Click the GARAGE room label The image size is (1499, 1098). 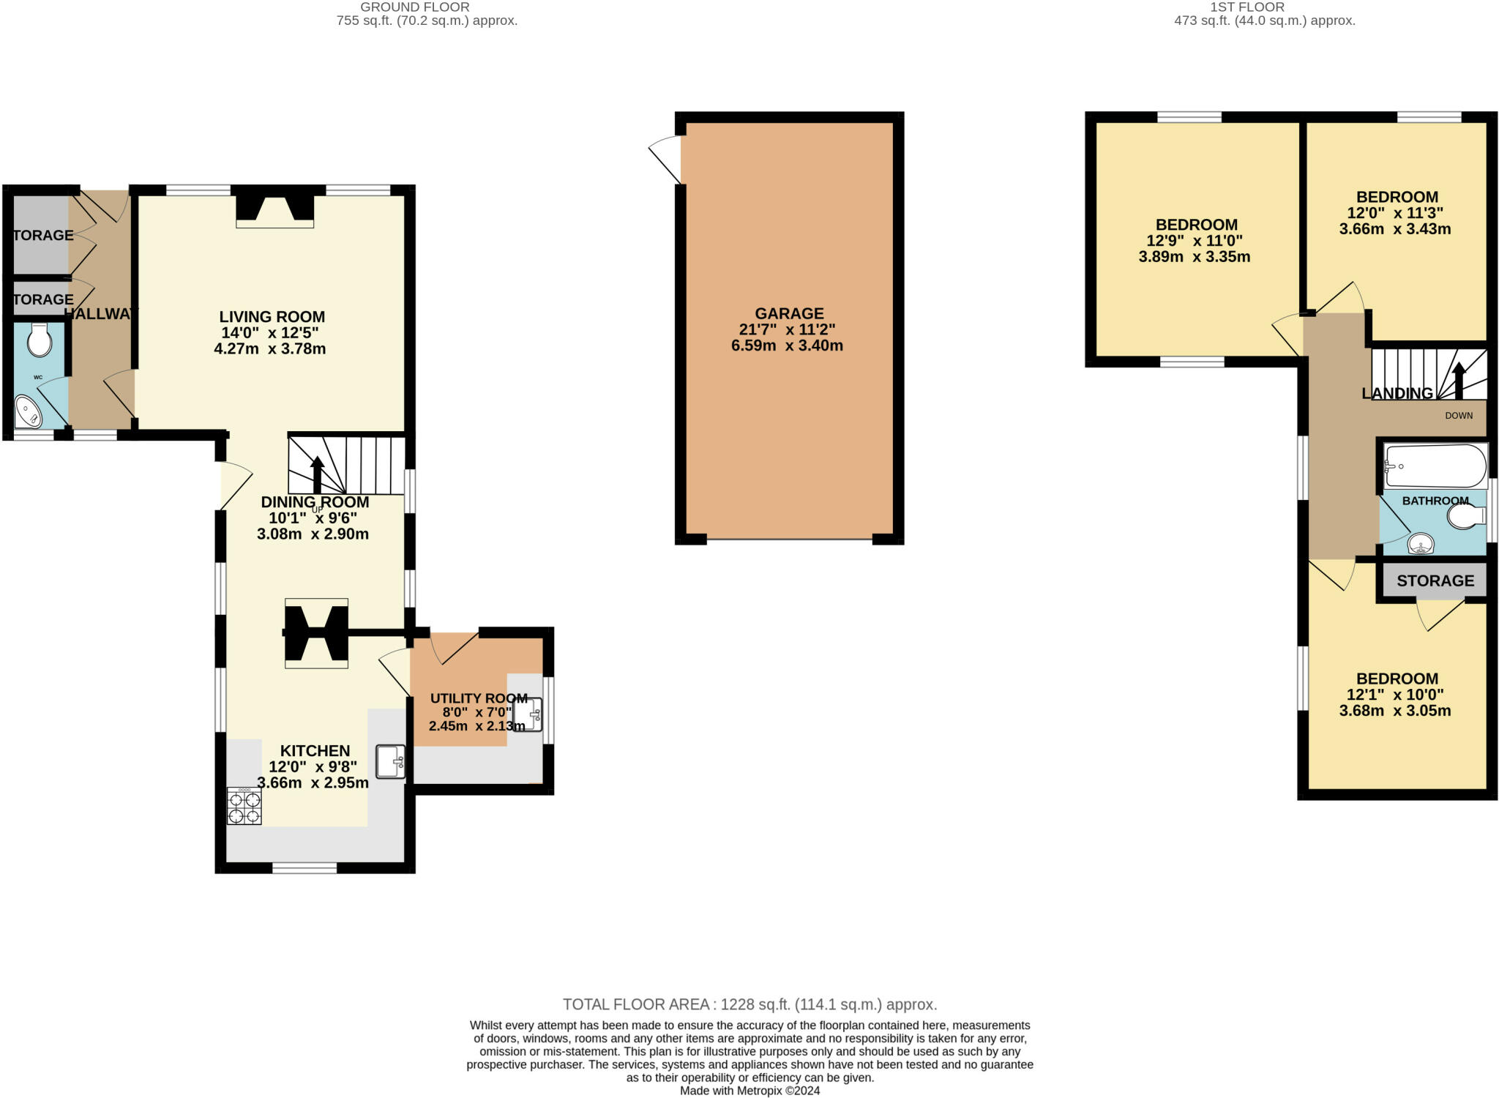(788, 313)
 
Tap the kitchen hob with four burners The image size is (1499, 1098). (244, 807)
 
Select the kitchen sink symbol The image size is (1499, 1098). (391, 761)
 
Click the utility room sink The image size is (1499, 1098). (528, 714)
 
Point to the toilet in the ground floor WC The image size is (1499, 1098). (39, 340)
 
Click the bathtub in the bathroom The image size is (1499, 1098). (1435, 466)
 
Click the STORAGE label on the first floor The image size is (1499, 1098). (1435, 580)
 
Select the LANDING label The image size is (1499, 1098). (1397, 393)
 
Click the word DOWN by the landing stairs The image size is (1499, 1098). (1458, 416)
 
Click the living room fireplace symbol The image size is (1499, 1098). (274, 209)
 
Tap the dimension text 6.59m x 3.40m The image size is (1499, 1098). (787, 346)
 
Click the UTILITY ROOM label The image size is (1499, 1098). (479, 698)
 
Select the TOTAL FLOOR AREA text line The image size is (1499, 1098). (749, 1004)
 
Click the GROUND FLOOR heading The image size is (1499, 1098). (414, 7)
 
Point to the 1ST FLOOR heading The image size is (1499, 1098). (1257, 7)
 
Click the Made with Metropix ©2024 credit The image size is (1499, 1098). (749, 1091)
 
